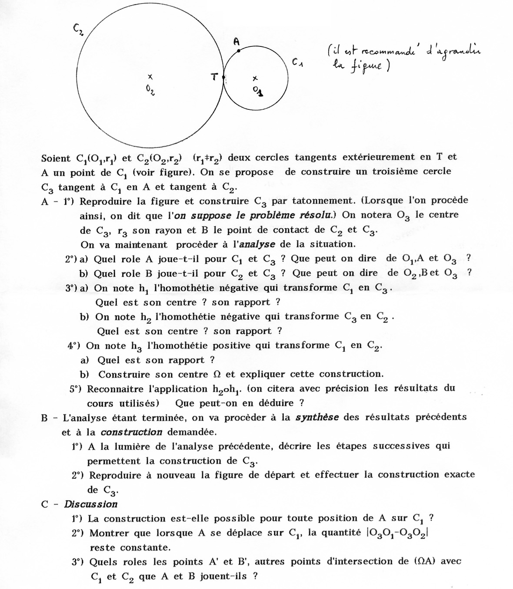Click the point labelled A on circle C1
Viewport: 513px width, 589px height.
(239, 51)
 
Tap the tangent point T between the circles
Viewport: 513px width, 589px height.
(223, 78)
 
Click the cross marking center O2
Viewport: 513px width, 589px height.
(150, 77)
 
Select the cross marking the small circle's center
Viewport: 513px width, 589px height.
(255, 78)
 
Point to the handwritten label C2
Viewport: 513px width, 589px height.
(79, 29)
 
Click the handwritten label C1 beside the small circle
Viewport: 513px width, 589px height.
(297, 63)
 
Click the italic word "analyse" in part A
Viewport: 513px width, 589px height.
(256, 244)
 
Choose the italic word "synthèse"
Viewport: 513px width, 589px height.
(317, 417)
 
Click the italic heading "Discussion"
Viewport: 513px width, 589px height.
(91, 504)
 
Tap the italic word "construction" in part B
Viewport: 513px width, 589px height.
(131, 432)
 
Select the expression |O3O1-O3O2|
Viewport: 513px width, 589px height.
(398, 533)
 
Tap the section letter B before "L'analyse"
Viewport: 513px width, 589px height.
(44, 418)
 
